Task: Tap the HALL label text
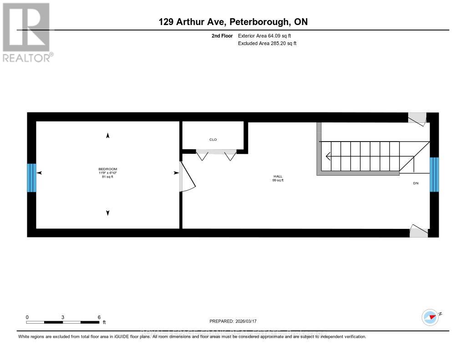(278, 176)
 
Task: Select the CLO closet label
(213, 140)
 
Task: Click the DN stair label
(415, 183)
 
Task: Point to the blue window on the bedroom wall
(31, 178)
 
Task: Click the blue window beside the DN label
(434, 175)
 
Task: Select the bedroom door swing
(187, 177)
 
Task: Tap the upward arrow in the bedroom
(108, 136)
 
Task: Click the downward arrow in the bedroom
(108, 213)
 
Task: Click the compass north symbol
(431, 317)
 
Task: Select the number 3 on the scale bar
(63, 317)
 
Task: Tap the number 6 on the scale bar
(99, 317)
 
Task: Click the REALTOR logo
(26, 32)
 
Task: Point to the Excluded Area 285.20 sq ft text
(267, 44)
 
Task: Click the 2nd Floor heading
(222, 35)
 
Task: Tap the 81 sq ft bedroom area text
(107, 177)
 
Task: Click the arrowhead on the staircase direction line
(328, 156)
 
